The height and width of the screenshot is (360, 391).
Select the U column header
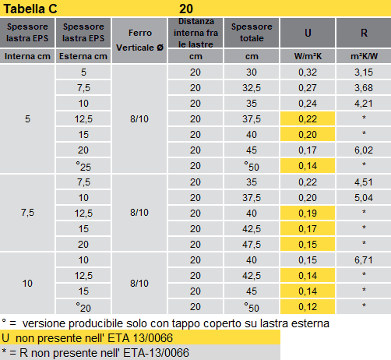pyautogui.click(x=308, y=34)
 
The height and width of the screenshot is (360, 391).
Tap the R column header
pyautogui.click(x=363, y=34)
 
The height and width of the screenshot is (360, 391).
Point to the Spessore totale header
pyautogui.click(x=252, y=34)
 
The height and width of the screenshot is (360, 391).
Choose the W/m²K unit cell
pyautogui.click(x=308, y=57)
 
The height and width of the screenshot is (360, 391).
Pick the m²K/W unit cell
pyautogui.click(x=363, y=57)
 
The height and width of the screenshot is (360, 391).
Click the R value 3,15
pyautogui.click(x=363, y=72)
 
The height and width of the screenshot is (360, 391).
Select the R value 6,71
pyautogui.click(x=363, y=259)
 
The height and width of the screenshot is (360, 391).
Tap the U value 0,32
pyautogui.click(x=308, y=72)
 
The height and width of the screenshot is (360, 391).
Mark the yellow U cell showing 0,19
pyautogui.click(x=308, y=213)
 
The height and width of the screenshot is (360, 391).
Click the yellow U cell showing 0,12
pyautogui.click(x=308, y=306)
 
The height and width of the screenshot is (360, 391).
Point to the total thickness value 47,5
pyautogui.click(x=252, y=244)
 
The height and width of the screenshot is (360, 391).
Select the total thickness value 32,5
pyautogui.click(x=252, y=88)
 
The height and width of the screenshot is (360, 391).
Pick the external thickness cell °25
pyautogui.click(x=83, y=166)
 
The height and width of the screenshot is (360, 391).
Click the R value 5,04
pyautogui.click(x=363, y=197)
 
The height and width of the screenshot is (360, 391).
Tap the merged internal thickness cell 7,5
pyautogui.click(x=28, y=213)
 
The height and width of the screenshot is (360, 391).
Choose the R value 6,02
pyautogui.click(x=363, y=150)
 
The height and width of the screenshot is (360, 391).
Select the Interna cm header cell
pyautogui.click(x=28, y=57)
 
